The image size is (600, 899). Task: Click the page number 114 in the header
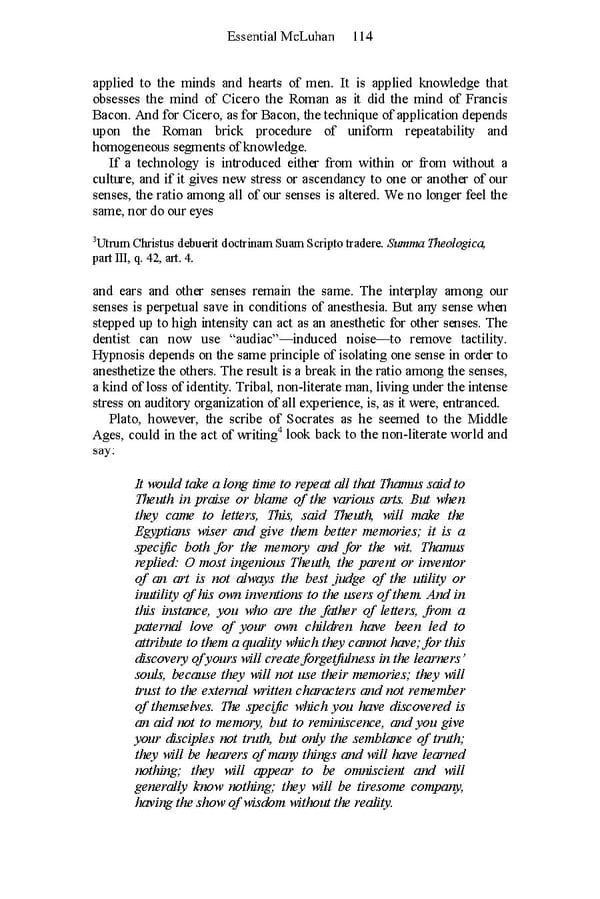[x=361, y=36]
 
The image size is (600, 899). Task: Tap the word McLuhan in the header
[x=310, y=36]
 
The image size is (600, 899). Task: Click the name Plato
[x=125, y=418]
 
